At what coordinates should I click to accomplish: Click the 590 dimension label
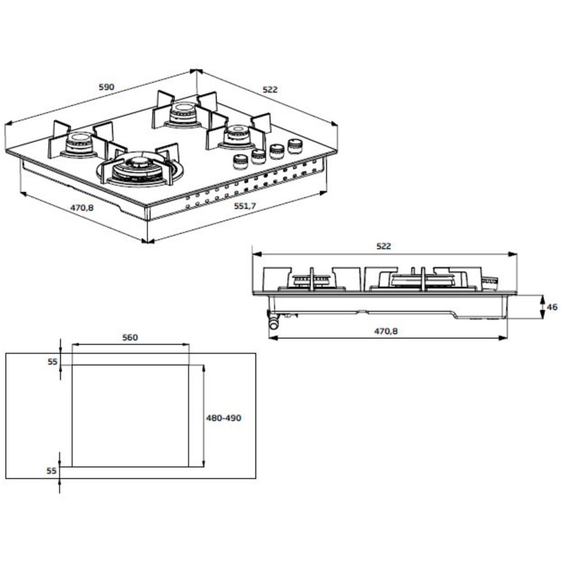(x=106, y=87)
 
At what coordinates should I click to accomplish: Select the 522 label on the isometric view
(x=270, y=89)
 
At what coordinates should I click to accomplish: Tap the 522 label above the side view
(x=383, y=246)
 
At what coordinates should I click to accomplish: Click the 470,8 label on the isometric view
(x=82, y=207)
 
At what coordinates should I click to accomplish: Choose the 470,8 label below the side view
(x=386, y=331)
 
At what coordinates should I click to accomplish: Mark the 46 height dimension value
(x=552, y=307)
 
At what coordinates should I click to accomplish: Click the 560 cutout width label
(x=130, y=338)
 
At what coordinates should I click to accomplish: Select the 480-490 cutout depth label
(x=224, y=418)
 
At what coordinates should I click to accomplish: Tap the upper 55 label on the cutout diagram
(x=52, y=362)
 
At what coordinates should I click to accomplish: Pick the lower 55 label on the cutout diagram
(x=52, y=471)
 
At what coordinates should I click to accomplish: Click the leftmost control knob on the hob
(x=240, y=162)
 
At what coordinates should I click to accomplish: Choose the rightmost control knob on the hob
(x=294, y=146)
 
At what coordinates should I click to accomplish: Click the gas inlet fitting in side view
(x=273, y=322)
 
